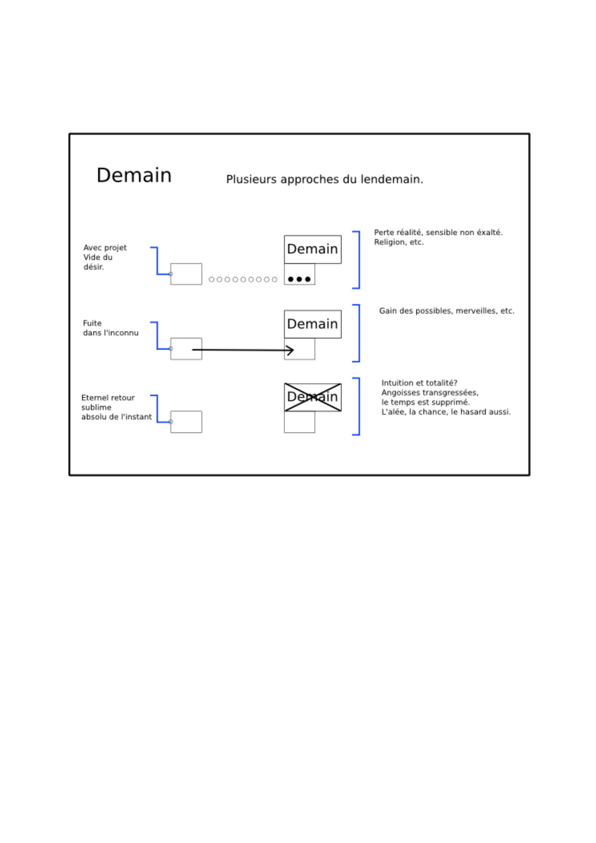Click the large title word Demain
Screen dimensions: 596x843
(x=134, y=175)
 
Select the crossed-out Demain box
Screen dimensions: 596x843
(x=313, y=397)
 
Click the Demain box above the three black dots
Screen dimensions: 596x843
(x=313, y=249)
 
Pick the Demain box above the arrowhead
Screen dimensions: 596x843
(x=313, y=324)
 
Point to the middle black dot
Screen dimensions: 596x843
(x=299, y=279)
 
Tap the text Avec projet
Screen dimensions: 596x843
(x=105, y=248)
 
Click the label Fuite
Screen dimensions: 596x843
(x=92, y=323)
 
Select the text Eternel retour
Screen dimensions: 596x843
(x=108, y=398)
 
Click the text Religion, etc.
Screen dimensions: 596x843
(x=399, y=242)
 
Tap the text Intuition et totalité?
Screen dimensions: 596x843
(x=419, y=383)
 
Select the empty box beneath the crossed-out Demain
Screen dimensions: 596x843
(x=300, y=422)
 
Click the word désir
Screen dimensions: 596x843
(x=94, y=267)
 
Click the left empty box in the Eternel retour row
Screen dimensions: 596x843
(x=186, y=422)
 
